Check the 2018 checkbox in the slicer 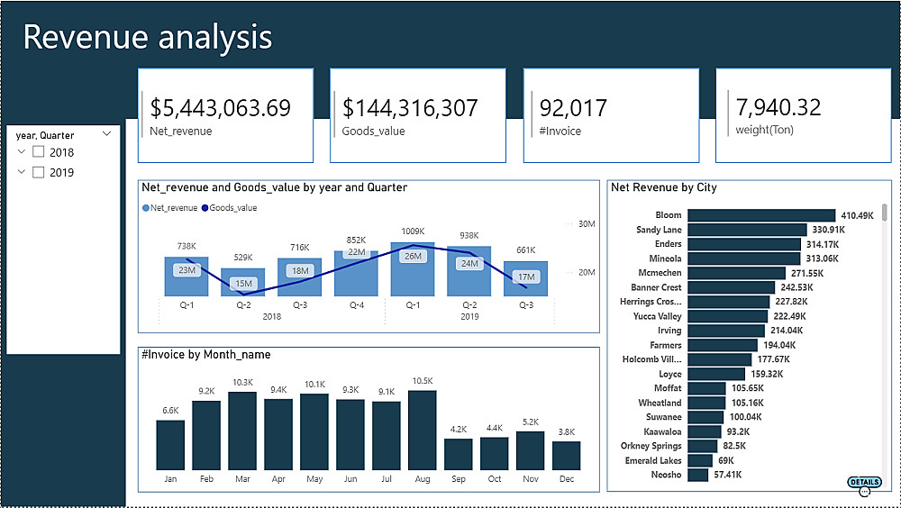pos(39,152)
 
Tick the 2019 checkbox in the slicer pos(39,172)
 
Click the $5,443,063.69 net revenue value pos(221,109)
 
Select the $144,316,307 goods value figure pos(410,109)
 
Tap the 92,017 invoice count pos(573,109)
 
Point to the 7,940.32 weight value pos(778,108)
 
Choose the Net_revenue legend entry pos(170,208)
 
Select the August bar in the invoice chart pos(422,430)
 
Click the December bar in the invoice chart pos(566,455)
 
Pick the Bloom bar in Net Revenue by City pos(761,215)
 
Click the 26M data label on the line pos(414,256)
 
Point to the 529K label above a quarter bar pos(243,258)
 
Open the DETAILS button pos(864,482)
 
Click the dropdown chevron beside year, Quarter pos(107,134)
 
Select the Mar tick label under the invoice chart pos(242,479)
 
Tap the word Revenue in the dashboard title pos(85,37)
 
